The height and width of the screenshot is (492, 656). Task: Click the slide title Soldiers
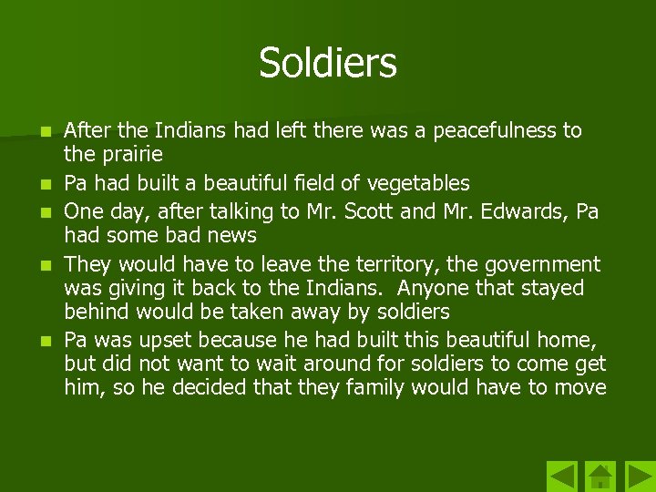click(x=328, y=63)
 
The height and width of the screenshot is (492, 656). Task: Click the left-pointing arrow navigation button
click(x=562, y=476)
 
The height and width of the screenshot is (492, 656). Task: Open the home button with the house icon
click(x=600, y=476)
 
